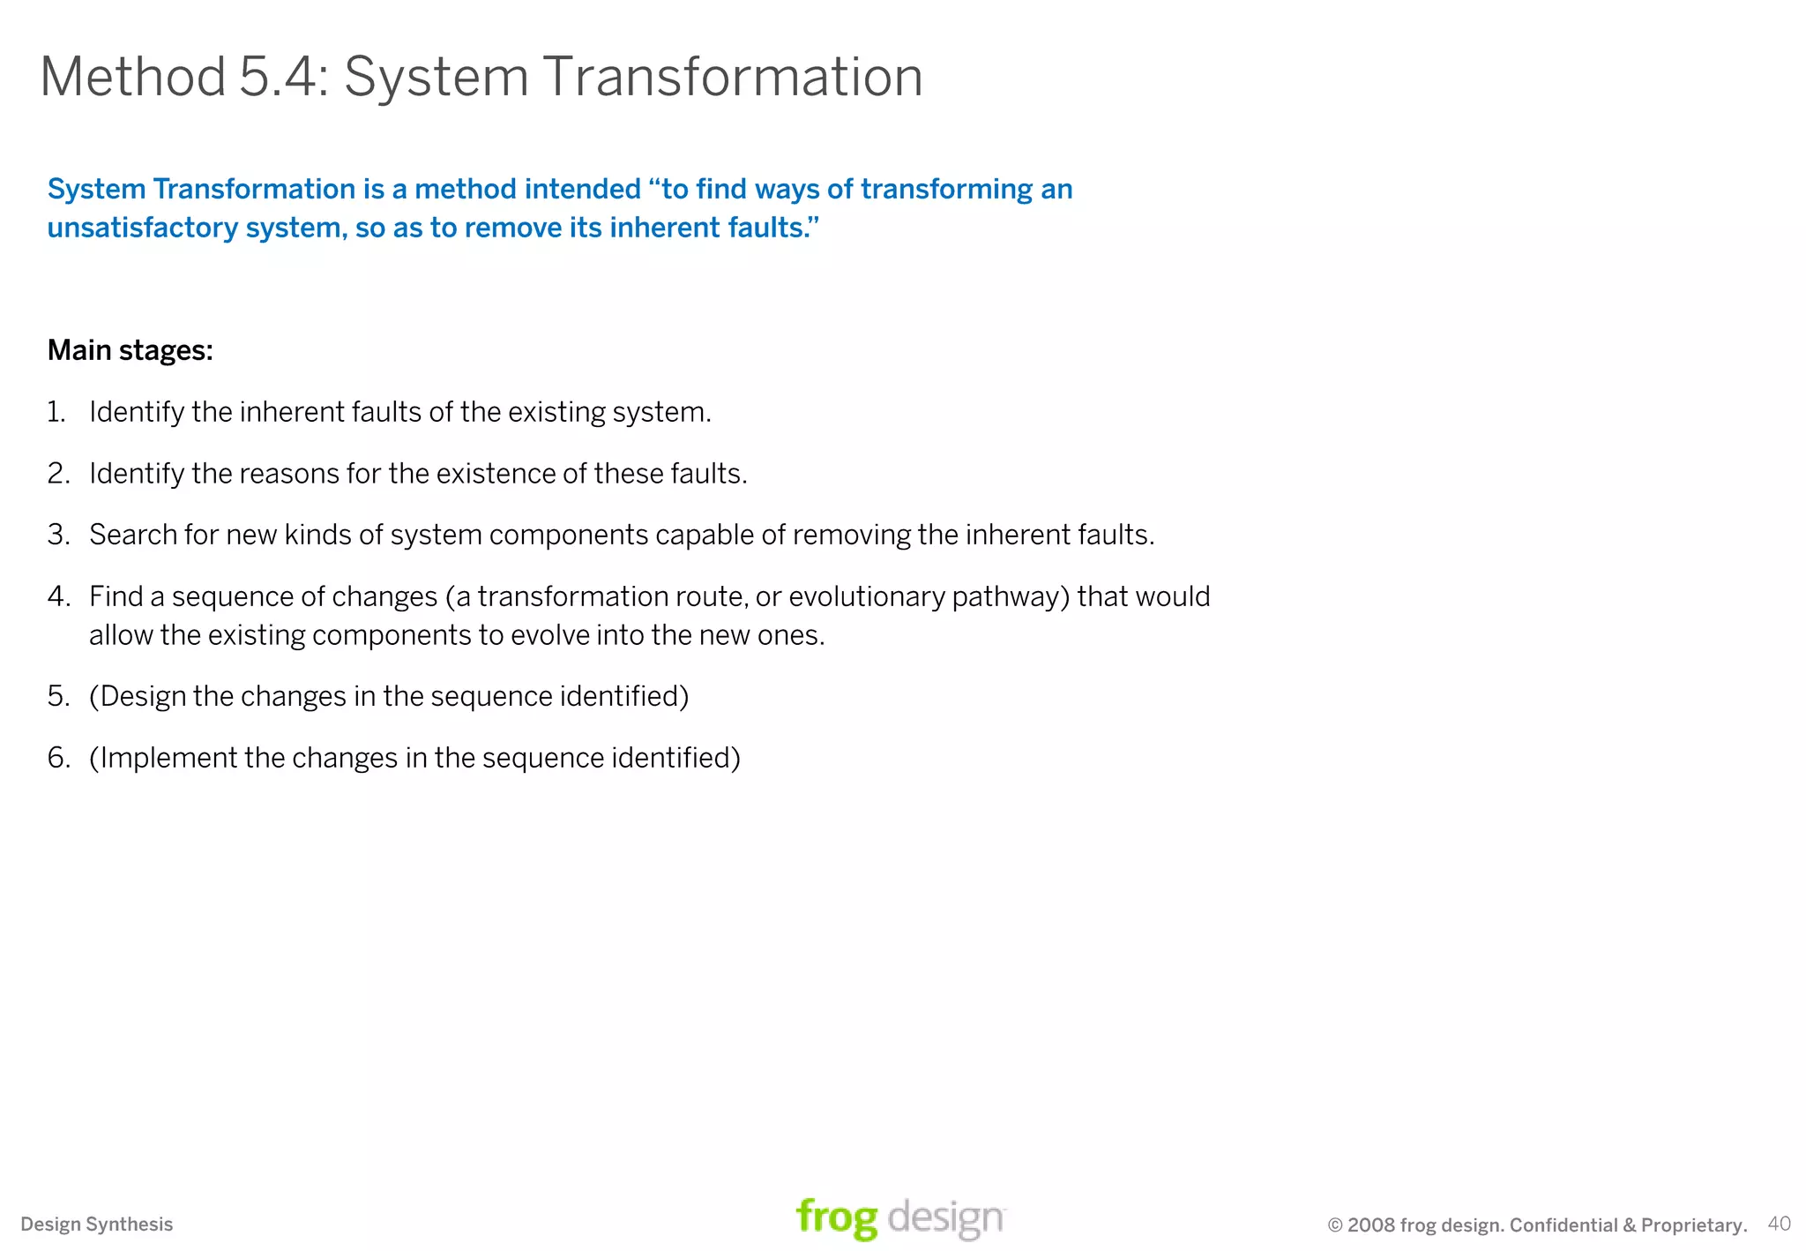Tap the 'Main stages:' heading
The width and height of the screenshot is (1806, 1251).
131,350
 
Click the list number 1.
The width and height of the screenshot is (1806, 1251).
56,412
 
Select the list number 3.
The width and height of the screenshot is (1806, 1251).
58,535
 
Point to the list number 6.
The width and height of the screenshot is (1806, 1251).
58,758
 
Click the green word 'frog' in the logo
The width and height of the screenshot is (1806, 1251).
836,1218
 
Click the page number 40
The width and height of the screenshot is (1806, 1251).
1779,1224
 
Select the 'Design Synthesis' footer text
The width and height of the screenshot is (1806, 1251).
97,1225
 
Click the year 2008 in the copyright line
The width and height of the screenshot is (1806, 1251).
1370,1225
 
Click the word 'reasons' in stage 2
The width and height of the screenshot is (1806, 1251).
288,474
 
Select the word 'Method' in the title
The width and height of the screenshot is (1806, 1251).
133,77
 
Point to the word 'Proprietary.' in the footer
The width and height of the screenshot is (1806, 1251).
1694,1225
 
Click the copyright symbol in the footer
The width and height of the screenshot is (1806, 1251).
1335,1225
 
